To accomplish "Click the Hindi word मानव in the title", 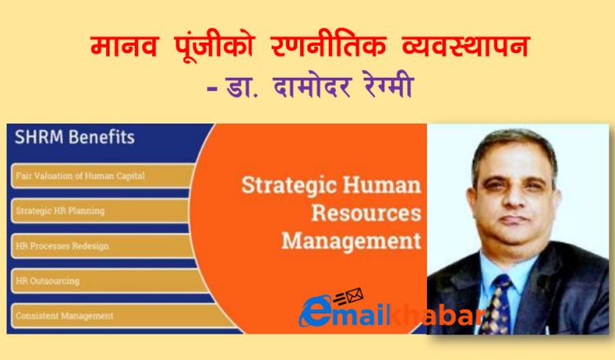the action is pyautogui.click(x=124, y=47).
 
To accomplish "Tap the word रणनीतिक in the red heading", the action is pyautogui.click(x=329, y=47).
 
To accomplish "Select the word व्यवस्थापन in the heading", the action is pyautogui.click(x=466, y=47).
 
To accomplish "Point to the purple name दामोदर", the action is pyautogui.click(x=312, y=87).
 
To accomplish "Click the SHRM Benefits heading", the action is pyautogui.click(x=74, y=137).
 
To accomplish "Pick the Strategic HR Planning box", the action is pyautogui.click(x=101, y=211).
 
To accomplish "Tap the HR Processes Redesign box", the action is pyautogui.click(x=102, y=245).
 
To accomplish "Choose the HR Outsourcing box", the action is pyautogui.click(x=109, y=281).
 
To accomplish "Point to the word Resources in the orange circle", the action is pyautogui.click(x=366, y=214).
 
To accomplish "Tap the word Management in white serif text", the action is pyautogui.click(x=352, y=241).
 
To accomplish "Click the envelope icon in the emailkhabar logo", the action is pyautogui.click(x=354, y=295).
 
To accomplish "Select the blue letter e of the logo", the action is pyautogui.click(x=316, y=312).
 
